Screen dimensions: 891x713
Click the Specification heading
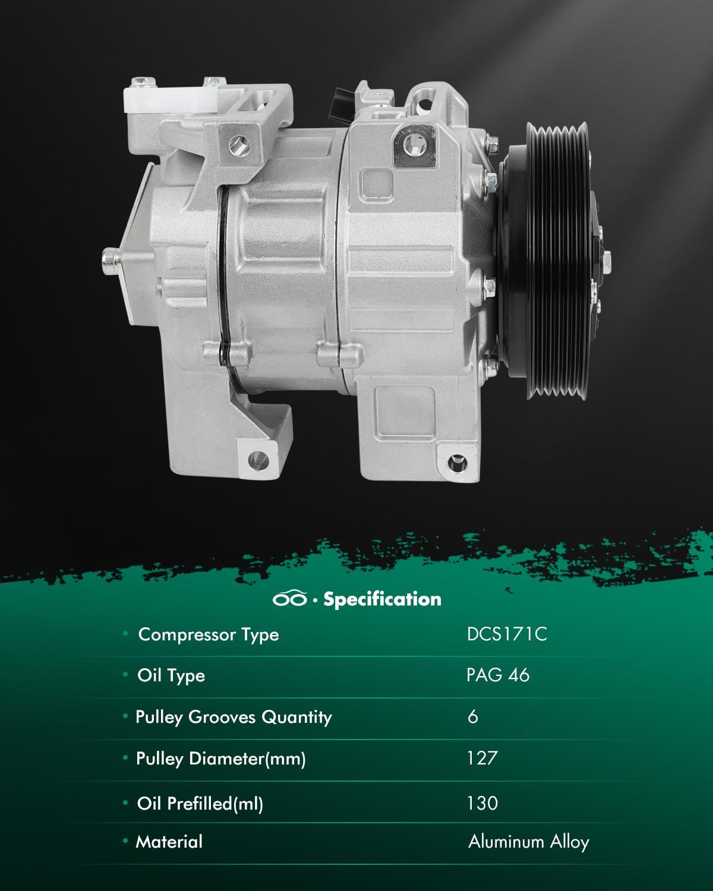click(x=382, y=599)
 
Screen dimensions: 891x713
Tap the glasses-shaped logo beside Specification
click(x=290, y=599)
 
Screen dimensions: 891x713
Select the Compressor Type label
click(x=208, y=634)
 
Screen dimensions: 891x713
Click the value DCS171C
click(x=506, y=634)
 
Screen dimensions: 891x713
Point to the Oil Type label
click(x=171, y=675)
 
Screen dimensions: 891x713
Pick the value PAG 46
click(x=497, y=675)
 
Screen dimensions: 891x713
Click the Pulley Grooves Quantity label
click(x=234, y=717)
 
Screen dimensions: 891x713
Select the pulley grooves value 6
click(x=473, y=717)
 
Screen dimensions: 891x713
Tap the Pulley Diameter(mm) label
click(x=220, y=759)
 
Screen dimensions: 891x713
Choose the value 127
click(x=482, y=759)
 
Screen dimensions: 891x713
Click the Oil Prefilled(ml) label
click(x=200, y=804)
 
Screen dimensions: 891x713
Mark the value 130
click(x=482, y=804)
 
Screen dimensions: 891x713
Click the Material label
click(x=169, y=842)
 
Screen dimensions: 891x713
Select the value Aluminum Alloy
click(x=528, y=842)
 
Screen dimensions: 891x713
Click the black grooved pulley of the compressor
click(x=550, y=261)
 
